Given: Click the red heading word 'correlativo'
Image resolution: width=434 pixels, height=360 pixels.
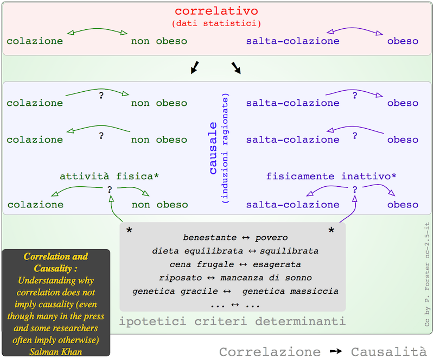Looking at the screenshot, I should [x=216, y=11].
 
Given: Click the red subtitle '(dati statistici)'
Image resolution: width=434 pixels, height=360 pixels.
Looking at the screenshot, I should [x=216, y=23].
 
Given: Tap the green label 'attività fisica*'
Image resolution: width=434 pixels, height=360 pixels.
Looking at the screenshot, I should [x=110, y=176].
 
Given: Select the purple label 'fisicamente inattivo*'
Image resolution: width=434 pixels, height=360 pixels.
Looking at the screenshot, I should [x=331, y=176].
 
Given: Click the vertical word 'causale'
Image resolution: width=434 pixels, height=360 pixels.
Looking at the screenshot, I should [x=213, y=147].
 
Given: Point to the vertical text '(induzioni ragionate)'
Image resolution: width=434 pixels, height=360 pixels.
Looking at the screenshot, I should [x=225, y=148].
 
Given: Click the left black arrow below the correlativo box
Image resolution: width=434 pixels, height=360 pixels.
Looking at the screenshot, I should [x=194, y=67].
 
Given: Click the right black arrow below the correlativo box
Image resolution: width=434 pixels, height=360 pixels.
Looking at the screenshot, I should [x=237, y=67].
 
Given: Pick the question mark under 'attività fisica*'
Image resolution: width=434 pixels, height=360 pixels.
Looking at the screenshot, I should [x=110, y=190].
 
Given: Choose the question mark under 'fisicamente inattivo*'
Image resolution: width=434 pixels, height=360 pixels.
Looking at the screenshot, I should [x=355, y=190].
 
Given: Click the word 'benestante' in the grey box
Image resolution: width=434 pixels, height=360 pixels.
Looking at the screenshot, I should [x=210, y=238].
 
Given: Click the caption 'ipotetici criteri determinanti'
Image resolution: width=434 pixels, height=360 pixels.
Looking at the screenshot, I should [x=232, y=321].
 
